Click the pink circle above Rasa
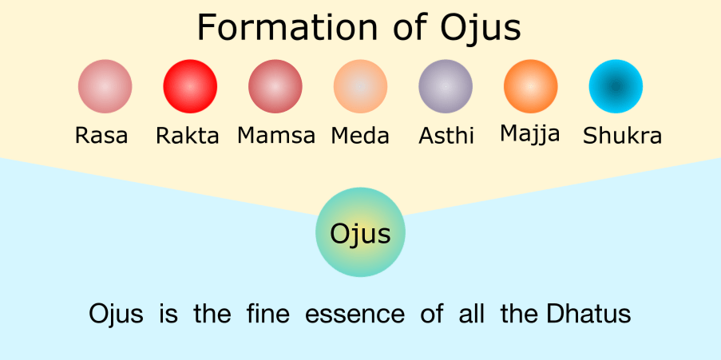[x=105, y=86]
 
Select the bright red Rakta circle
[x=190, y=86]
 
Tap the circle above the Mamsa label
[x=275, y=86]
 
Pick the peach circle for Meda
[x=360, y=86]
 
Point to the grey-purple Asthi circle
[x=446, y=86]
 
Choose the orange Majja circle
[x=530, y=86]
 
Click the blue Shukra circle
[x=616, y=86]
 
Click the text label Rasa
[x=101, y=136]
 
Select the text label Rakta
[x=188, y=136]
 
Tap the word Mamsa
[x=276, y=136]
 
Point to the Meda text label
[x=360, y=136]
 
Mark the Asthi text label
[x=446, y=136]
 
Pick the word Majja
[x=530, y=134]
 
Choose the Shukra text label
[x=622, y=136]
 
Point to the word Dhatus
[x=588, y=314]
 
